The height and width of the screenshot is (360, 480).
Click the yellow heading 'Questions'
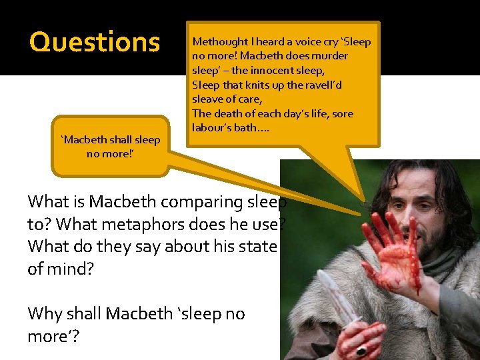pos(95,42)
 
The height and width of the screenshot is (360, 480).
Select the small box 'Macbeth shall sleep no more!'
pos(111,146)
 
